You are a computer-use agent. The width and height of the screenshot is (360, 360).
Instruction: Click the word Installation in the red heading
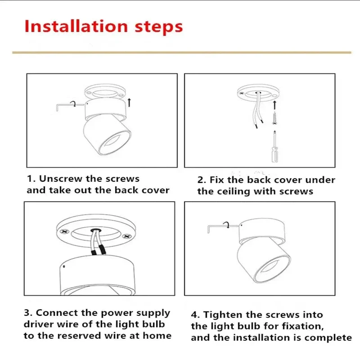tap(76, 26)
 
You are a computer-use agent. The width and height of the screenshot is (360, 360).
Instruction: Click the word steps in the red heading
tap(159, 27)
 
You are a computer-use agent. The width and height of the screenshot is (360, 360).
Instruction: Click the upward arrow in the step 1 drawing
tap(129, 103)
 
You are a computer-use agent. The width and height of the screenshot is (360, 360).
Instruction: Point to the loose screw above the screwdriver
tap(274, 118)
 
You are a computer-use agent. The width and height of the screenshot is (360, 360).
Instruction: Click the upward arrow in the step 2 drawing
tap(274, 105)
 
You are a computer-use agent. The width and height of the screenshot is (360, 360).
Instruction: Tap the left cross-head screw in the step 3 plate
tap(64, 232)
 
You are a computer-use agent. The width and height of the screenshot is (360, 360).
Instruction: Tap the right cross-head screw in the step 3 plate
tap(126, 236)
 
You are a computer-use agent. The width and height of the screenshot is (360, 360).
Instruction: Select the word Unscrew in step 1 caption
tap(60, 179)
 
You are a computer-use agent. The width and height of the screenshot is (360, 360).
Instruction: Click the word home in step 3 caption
tap(157, 336)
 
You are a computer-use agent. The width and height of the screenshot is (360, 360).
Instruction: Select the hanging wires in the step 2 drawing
tap(258, 110)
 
